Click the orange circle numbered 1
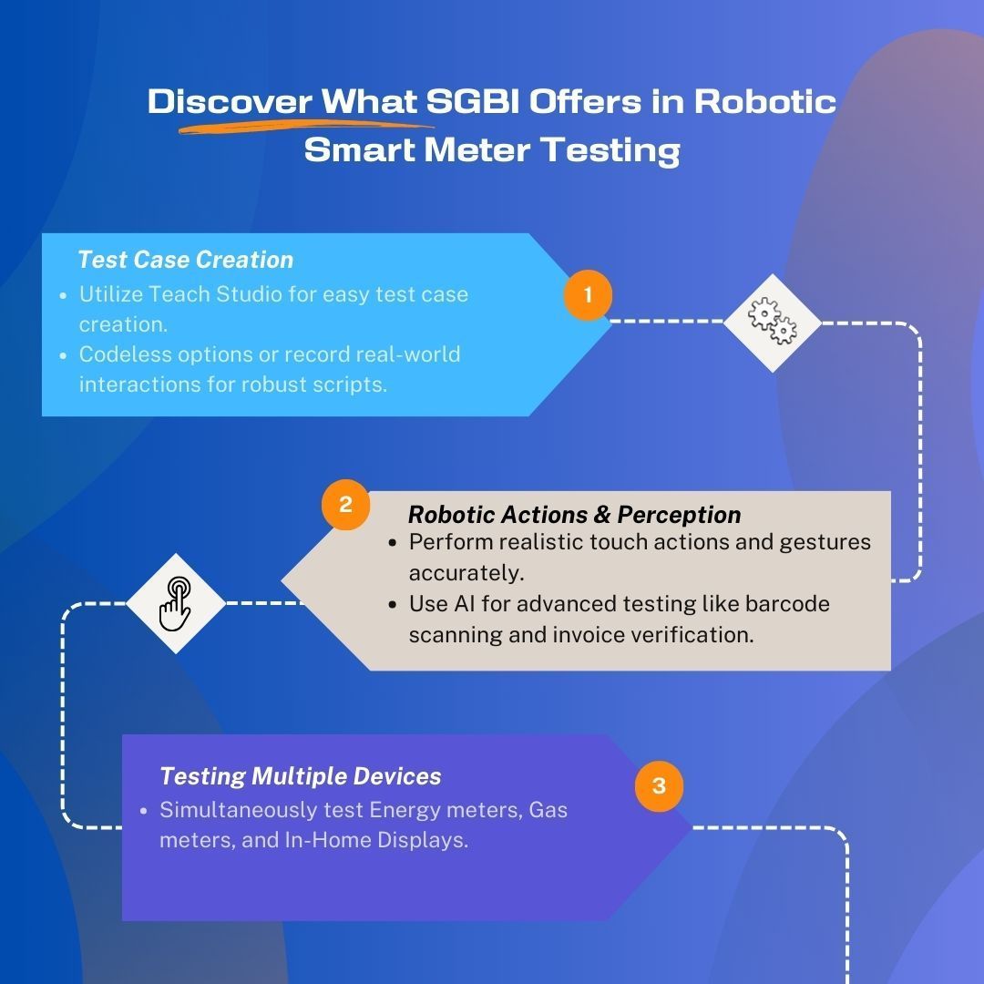pyautogui.click(x=588, y=295)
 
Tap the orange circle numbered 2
pyautogui.click(x=345, y=505)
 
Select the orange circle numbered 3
pyautogui.click(x=659, y=785)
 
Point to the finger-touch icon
pyautogui.click(x=175, y=603)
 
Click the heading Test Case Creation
pyautogui.click(x=186, y=260)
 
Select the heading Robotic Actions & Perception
pyautogui.click(x=574, y=515)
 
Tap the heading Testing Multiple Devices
pyautogui.click(x=300, y=776)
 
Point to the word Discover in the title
pyautogui.click(x=230, y=101)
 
